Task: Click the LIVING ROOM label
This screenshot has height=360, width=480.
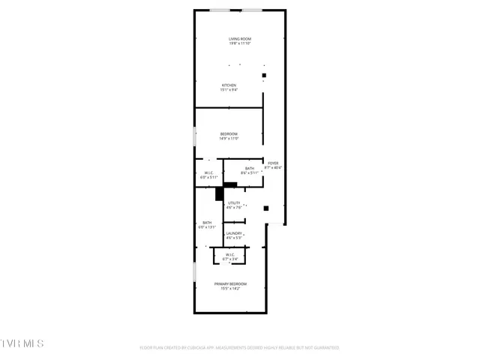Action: (x=239, y=38)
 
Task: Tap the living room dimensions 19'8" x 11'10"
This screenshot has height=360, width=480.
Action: (x=239, y=43)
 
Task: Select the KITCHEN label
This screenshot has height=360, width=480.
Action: (x=229, y=85)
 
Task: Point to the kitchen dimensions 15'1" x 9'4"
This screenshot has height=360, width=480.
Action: (x=229, y=91)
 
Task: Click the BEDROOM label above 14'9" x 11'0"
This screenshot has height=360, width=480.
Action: (x=229, y=133)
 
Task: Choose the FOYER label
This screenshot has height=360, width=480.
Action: (x=273, y=163)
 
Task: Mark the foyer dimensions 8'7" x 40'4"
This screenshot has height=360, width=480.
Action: (x=273, y=168)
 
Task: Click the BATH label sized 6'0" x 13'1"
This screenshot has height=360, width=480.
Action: (x=207, y=222)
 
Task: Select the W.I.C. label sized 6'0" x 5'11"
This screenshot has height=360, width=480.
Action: (x=209, y=172)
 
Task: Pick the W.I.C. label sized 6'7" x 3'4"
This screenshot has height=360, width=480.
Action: (x=229, y=254)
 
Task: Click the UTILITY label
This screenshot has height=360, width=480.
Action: (x=234, y=202)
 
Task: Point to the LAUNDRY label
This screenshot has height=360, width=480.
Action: (x=234, y=233)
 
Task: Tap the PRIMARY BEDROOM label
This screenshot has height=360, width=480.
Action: (x=230, y=283)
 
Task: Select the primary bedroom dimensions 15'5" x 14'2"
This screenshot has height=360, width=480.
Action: (x=230, y=289)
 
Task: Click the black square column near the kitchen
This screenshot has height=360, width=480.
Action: (x=264, y=76)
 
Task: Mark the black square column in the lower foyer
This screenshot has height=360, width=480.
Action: (x=265, y=208)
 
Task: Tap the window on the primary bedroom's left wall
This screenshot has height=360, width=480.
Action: (x=195, y=272)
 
